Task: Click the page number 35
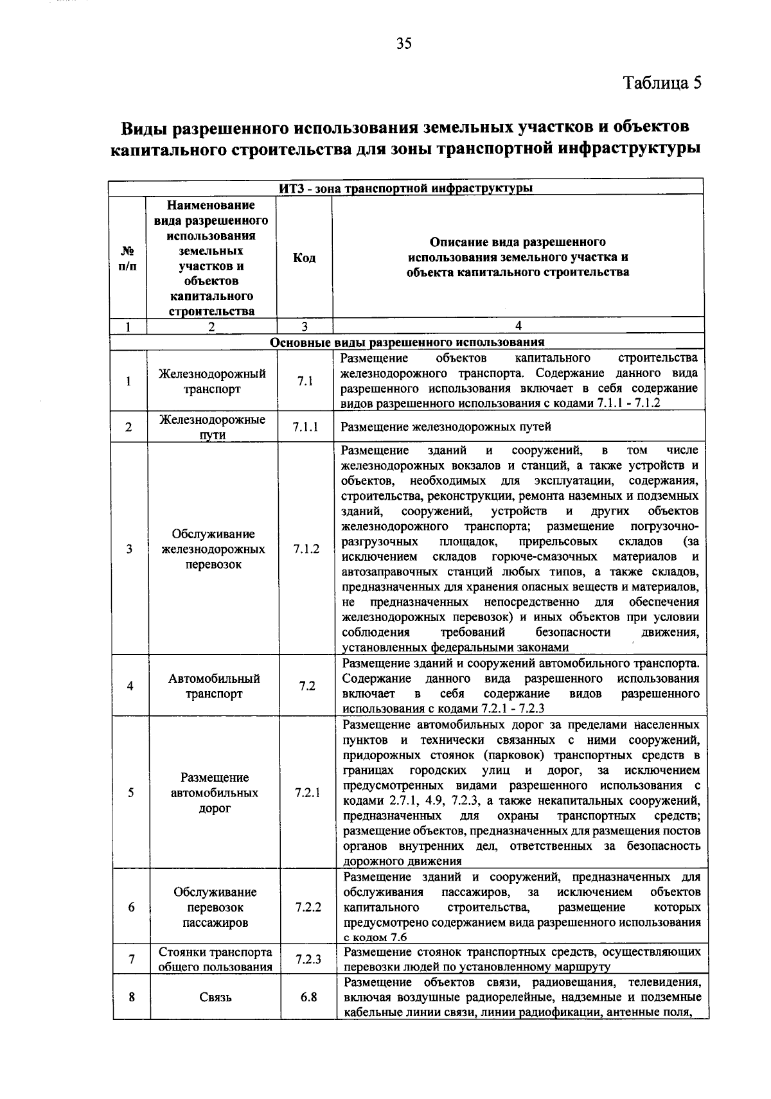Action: [403, 44]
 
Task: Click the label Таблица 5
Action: [662, 84]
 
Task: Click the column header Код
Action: [304, 258]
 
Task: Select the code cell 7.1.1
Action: [305, 427]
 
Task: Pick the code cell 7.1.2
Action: [306, 549]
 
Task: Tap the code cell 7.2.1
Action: [307, 793]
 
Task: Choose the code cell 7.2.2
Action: [308, 908]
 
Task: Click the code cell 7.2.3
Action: [308, 960]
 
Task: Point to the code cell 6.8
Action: [308, 998]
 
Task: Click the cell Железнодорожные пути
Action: [213, 427]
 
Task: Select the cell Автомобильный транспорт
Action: [214, 686]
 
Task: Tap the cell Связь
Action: [215, 998]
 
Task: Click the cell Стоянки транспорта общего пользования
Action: [215, 960]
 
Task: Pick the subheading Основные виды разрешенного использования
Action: [407, 342]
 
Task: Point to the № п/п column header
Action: [127, 258]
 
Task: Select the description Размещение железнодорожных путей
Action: [446, 427]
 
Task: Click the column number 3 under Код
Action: [305, 326]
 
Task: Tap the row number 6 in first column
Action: [131, 908]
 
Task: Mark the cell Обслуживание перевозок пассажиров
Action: [215, 908]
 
